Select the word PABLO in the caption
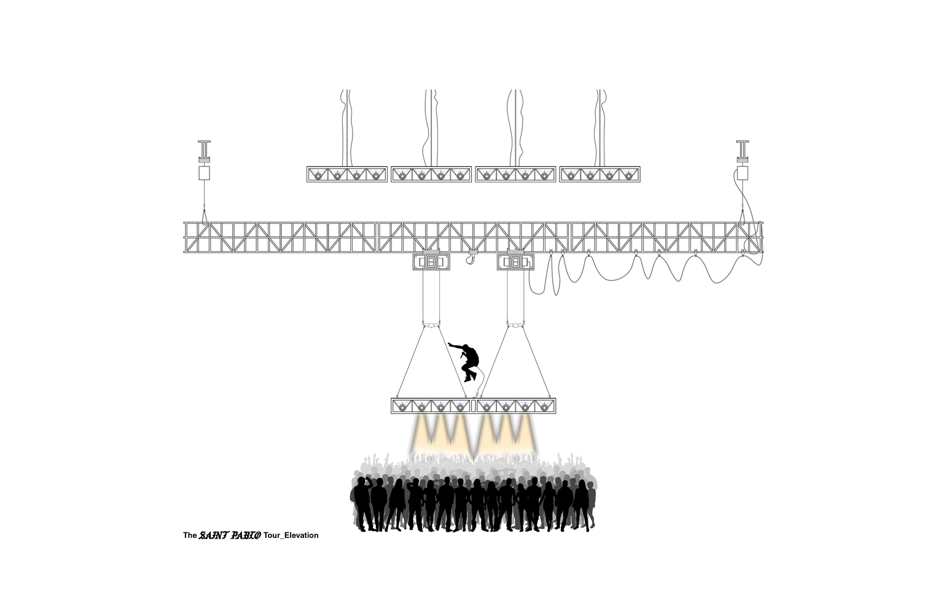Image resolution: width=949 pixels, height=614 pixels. [x=246, y=535]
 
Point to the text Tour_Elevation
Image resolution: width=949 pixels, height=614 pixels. [x=291, y=535]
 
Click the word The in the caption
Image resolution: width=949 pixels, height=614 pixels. [x=190, y=535]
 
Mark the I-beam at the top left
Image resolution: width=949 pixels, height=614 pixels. [x=204, y=149]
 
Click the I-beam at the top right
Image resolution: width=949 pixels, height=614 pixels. [x=742, y=149]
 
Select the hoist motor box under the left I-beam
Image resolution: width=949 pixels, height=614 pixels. [x=204, y=173]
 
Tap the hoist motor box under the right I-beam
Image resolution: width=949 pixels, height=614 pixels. [x=742, y=173]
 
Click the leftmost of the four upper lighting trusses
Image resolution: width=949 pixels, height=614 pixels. [x=347, y=174]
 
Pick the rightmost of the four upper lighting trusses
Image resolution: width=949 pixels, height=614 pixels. [x=600, y=174]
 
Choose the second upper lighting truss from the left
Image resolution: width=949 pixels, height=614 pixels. [x=431, y=174]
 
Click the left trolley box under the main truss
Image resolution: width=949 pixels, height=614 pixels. [x=431, y=262]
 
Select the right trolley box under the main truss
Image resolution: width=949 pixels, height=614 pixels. [x=515, y=262]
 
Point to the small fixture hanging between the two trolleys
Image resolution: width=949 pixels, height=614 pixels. [x=471, y=258]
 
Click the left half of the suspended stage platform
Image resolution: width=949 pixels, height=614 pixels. [x=431, y=406]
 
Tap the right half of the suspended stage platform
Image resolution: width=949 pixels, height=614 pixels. [x=515, y=406]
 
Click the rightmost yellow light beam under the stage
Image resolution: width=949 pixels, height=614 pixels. [x=526, y=433]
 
